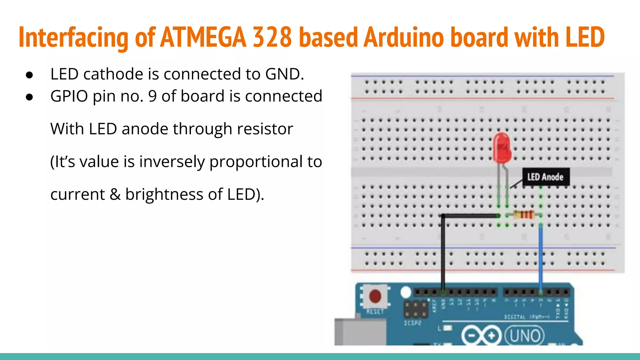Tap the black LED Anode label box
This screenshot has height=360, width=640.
546,177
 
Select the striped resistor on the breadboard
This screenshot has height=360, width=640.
523,215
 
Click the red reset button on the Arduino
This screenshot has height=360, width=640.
375,296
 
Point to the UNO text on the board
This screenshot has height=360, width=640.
525,336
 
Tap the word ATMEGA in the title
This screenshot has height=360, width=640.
203,37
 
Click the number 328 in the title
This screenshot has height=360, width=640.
272,37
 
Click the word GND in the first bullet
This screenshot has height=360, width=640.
284,74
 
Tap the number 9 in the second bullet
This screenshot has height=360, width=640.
152,96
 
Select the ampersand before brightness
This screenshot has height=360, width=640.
115,194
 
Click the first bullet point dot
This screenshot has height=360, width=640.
30,75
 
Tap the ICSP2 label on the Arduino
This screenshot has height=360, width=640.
412,323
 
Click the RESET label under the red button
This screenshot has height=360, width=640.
375,312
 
